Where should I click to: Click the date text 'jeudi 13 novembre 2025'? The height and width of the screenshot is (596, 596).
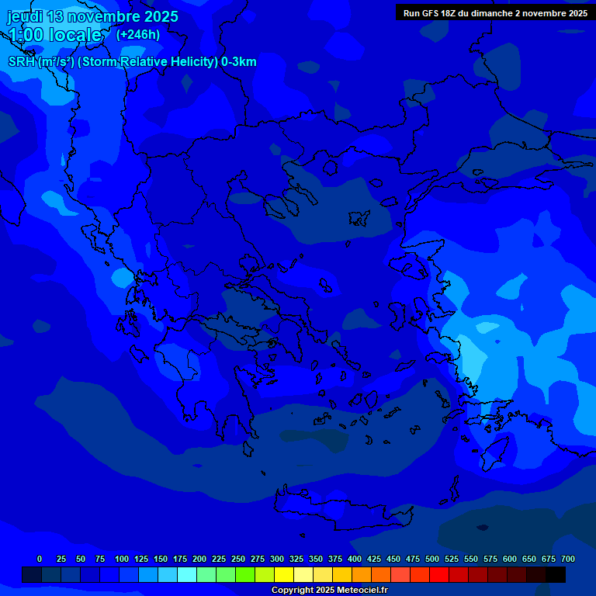click(93, 16)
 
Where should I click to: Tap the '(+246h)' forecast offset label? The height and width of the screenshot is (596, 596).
click(138, 34)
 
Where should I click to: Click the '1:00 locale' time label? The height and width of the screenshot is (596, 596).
click(54, 35)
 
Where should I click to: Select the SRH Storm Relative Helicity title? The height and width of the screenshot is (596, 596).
click(132, 62)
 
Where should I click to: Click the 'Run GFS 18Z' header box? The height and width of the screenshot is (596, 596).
click(495, 13)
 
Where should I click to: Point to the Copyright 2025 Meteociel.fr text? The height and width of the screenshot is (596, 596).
click(329, 591)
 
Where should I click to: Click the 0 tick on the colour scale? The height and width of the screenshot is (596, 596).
click(40, 559)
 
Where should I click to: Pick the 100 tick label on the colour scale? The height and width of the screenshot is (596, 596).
click(122, 559)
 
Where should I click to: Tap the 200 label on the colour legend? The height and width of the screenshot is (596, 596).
click(199, 559)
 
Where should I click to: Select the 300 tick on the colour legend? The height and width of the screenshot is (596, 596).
click(277, 559)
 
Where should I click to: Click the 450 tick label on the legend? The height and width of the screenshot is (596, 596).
click(393, 559)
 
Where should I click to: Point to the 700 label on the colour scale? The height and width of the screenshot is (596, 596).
click(568, 559)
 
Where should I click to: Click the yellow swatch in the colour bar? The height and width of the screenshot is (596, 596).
click(284, 574)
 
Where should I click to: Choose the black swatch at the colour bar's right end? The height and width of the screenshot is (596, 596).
click(556, 574)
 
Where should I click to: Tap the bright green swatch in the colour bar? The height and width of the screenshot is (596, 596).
click(245, 574)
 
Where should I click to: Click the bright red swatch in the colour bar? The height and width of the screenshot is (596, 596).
click(439, 574)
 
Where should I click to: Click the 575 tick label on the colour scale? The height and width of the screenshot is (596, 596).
click(490, 559)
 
